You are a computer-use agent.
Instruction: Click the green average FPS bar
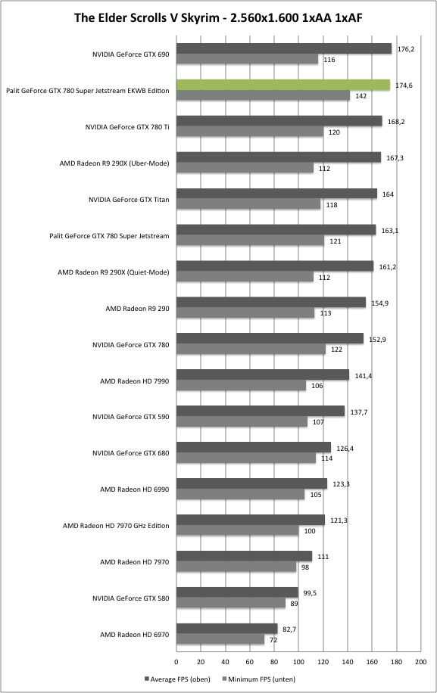click(283, 85)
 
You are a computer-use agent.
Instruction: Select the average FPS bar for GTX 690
click(284, 48)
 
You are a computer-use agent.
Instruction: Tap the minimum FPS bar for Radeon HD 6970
click(220, 639)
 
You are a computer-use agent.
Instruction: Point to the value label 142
click(361, 96)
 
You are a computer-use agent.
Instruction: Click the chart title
click(218, 17)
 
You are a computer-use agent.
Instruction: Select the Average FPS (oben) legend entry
click(177, 679)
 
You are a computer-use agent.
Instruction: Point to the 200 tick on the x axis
click(420, 662)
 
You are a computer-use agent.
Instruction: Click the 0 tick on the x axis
click(176, 662)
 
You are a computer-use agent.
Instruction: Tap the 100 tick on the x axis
click(298, 662)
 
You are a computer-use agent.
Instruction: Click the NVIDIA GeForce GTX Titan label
click(129, 200)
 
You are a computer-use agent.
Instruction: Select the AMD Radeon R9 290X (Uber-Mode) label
click(114, 163)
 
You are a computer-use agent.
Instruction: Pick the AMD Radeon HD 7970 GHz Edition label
click(116, 526)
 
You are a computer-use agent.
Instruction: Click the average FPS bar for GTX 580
click(237, 592)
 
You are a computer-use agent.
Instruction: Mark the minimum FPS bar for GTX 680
click(246, 458)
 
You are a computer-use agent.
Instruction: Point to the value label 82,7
click(289, 629)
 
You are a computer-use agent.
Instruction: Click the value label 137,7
click(359, 412)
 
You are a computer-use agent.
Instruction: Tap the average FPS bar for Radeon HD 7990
click(263, 374)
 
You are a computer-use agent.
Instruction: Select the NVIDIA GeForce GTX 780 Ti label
click(127, 127)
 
